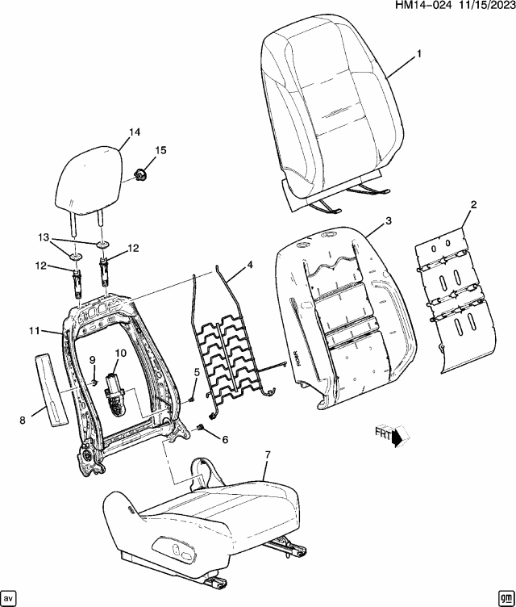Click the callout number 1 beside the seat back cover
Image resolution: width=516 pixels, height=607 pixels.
tap(418, 54)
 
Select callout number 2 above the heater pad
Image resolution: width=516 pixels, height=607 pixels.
tap(473, 205)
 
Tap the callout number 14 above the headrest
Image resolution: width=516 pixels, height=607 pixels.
tap(133, 132)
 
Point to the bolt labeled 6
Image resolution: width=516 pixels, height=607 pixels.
tap(199, 428)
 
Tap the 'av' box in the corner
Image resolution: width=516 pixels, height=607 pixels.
tap(10, 597)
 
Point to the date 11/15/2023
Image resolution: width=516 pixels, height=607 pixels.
tap(481, 7)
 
